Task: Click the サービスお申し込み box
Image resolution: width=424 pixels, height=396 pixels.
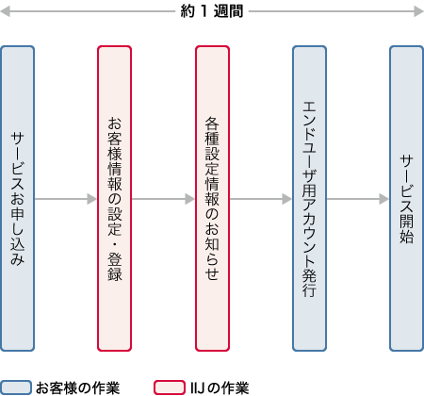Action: pos(17,198)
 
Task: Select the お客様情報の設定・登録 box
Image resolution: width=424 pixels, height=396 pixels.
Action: pos(115,198)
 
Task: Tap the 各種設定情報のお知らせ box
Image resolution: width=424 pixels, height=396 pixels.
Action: pos(212,198)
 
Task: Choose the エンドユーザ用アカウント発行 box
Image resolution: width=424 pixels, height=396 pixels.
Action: pos(309,198)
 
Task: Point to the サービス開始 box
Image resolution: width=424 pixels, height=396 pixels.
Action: pos(406,198)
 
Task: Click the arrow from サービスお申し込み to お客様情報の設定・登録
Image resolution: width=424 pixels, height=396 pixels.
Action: pos(66,199)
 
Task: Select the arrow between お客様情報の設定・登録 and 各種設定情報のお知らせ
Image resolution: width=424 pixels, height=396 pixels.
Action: pos(163,199)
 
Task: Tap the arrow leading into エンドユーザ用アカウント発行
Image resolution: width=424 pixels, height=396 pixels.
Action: pos(261,199)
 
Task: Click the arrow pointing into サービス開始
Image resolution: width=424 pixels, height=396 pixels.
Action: pos(358,199)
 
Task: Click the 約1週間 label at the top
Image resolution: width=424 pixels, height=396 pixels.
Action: pos(212,11)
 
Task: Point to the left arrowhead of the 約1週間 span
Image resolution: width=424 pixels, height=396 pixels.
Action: pos(6,11)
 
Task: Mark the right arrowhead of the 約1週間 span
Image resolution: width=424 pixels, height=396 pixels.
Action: pos(417,11)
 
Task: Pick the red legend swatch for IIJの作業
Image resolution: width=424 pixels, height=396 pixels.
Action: pos(169,387)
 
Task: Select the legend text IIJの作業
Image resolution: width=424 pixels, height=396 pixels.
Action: pos(219,387)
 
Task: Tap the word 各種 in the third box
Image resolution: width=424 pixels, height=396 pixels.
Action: pos(212,129)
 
